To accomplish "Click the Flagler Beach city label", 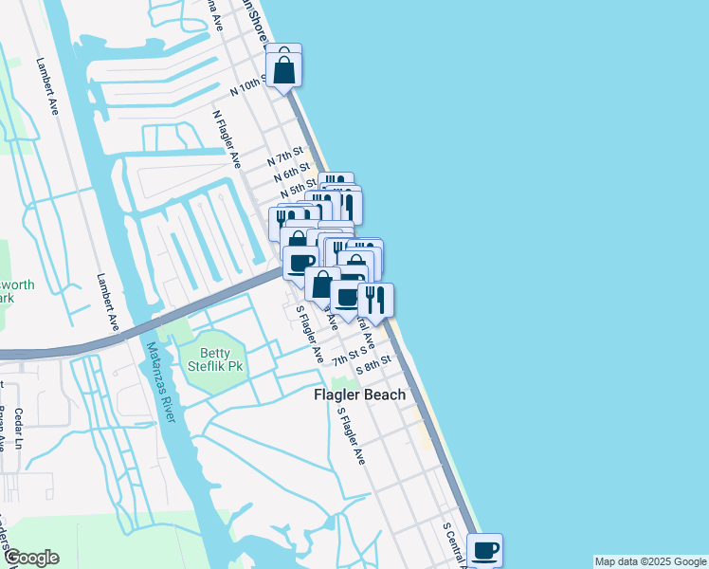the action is click(x=359, y=395).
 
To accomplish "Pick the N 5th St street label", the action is click(x=298, y=191).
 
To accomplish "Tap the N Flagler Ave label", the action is click(x=227, y=138).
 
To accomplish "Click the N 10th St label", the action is click(x=250, y=86).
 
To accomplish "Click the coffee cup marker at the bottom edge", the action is click(x=485, y=550).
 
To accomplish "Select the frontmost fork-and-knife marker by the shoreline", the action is click(x=375, y=300).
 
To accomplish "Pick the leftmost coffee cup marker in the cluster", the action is click(x=300, y=263).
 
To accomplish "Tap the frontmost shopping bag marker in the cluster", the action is click(x=322, y=284).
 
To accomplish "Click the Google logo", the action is click(x=31, y=558).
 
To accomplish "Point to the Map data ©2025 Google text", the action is click(x=649, y=561).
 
